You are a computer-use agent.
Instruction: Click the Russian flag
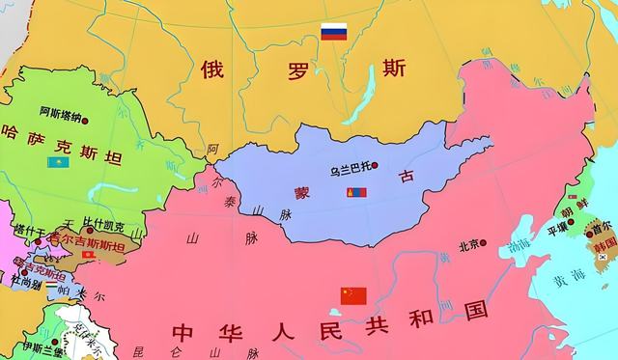[334, 32]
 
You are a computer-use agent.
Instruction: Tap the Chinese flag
[353, 295]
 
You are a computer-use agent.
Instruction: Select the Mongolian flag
[356, 193]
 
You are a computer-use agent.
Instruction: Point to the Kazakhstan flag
[58, 162]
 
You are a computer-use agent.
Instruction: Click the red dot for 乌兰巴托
[379, 171]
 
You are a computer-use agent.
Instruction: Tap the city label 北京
[469, 245]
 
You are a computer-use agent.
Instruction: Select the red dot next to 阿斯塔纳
[85, 121]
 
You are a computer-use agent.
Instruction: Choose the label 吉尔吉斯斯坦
[88, 245]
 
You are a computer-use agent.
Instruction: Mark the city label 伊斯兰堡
[40, 347]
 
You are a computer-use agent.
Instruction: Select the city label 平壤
[558, 229]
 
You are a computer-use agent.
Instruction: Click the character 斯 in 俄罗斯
[394, 68]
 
